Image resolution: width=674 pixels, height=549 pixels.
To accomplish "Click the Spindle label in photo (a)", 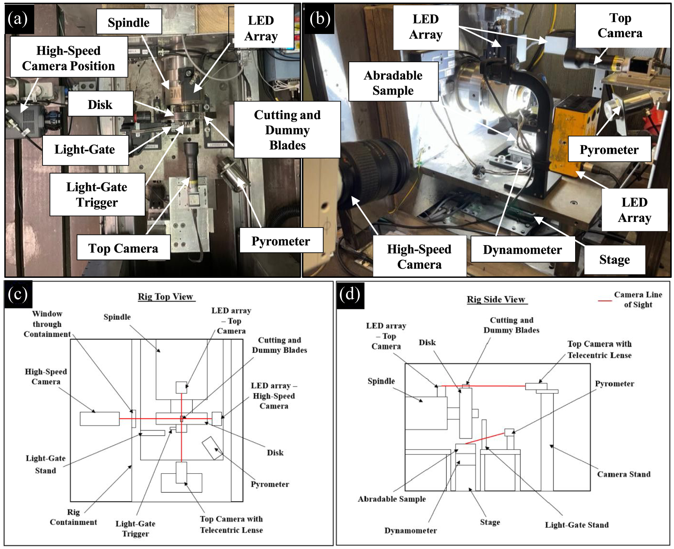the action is [x=129, y=22].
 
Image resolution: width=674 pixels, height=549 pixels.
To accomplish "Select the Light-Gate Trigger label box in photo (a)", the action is [x=97, y=194].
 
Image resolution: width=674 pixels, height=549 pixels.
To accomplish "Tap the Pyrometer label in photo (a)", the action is [x=281, y=241].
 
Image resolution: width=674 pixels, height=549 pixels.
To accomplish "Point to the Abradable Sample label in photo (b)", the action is [x=393, y=83].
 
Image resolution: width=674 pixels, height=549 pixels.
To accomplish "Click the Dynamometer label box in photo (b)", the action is [x=522, y=250].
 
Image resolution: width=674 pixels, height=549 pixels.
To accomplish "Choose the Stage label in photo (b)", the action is [x=615, y=259].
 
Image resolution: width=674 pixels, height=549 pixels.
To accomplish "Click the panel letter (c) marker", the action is [x=18, y=294].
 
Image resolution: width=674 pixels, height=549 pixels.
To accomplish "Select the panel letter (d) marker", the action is [x=350, y=295].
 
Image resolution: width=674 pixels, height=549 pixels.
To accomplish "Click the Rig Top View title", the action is [x=165, y=297].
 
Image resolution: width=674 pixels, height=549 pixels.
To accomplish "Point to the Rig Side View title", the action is [x=496, y=299].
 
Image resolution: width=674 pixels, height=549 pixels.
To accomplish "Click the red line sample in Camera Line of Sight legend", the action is [x=605, y=300].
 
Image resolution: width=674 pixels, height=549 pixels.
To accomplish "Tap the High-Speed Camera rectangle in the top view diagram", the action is [x=100, y=419].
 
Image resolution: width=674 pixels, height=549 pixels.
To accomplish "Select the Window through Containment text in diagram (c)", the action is [x=47, y=324].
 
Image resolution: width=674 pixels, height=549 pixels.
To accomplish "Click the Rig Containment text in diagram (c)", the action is [x=73, y=517].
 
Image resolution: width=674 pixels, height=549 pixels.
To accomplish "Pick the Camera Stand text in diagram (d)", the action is [x=624, y=474].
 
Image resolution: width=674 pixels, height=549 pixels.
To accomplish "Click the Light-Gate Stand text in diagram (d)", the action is [x=577, y=525].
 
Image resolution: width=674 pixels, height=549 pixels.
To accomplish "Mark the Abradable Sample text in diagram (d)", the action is [x=392, y=499].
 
